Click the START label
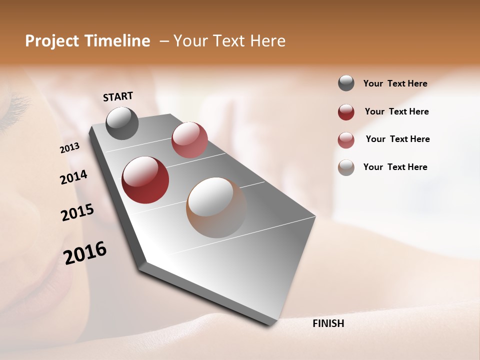[x=118, y=96]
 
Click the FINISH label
[x=328, y=323]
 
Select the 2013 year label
[x=70, y=147]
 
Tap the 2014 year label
[x=73, y=177]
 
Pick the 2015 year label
[x=77, y=212]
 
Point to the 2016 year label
[x=85, y=253]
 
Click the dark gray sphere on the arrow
[x=122, y=123]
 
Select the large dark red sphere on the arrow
[x=145, y=180]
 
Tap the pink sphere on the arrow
[x=189, y=140]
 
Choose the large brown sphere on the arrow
[x=216, y=207]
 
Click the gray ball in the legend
[x=346, y=83]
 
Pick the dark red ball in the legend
[x=346, y=112]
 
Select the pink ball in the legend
[x=346, y=140]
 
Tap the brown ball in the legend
[x=346, y=167]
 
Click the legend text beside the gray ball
[x=395, y=83]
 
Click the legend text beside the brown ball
[x=395, y=167]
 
